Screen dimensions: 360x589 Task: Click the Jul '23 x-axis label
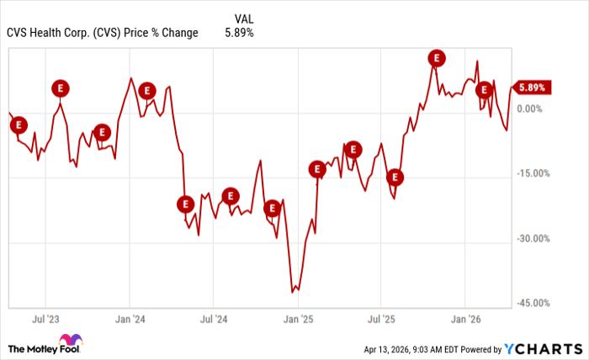[45, 319]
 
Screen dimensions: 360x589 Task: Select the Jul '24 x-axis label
[214, 319]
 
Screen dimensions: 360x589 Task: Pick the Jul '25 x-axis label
[382, 319]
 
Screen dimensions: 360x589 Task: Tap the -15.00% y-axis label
[533, 173]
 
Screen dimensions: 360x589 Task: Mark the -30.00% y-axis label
[533, 238]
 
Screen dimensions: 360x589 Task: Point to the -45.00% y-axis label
[533, 303]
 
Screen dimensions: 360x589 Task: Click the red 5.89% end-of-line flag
[532, 87]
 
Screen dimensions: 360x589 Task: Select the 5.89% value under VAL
[239, 33]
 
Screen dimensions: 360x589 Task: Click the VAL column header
[240, 17]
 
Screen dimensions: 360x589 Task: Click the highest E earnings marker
[436, 57]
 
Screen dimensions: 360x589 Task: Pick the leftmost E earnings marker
[19, 124]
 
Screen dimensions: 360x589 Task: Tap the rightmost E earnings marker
[484, 89]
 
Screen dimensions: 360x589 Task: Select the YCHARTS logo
[542, 348]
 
